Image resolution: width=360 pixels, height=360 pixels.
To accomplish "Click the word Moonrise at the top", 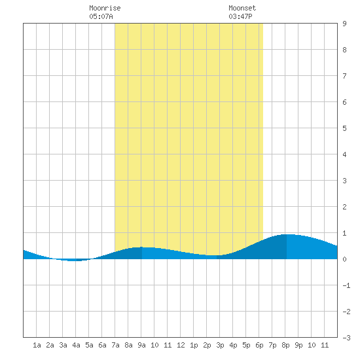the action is (105, 8).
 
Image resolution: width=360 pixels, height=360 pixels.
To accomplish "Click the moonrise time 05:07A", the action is (101, 16).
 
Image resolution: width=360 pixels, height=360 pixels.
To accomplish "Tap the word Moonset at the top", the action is (242, 8).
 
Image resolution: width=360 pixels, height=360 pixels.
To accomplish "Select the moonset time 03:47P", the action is (240, 16).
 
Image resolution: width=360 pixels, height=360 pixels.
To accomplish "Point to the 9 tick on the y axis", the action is (344, 24).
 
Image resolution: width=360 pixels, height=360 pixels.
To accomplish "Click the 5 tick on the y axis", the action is (344, 128).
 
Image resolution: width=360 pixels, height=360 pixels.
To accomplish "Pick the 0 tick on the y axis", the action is (344, 259).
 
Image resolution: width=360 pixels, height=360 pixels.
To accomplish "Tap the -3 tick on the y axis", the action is (346, 338).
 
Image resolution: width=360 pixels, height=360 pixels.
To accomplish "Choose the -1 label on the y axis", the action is (346, 285).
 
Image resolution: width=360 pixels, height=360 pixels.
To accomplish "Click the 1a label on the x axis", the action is (37, 345).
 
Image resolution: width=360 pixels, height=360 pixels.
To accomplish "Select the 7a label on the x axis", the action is (115, 345).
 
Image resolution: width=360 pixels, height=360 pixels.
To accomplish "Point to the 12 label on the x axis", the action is (181, 345).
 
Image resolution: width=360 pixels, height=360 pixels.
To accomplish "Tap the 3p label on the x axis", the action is (220, 345).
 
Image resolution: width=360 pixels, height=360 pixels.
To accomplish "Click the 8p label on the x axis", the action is (285, 345).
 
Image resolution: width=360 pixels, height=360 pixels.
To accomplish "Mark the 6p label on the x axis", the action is (259, 345).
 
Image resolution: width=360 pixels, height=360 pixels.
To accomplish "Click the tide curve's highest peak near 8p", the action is (287, 234).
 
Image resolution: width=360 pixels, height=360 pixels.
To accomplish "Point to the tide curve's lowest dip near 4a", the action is (75, 261).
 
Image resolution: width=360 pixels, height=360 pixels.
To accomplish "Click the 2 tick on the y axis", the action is (344, 207).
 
